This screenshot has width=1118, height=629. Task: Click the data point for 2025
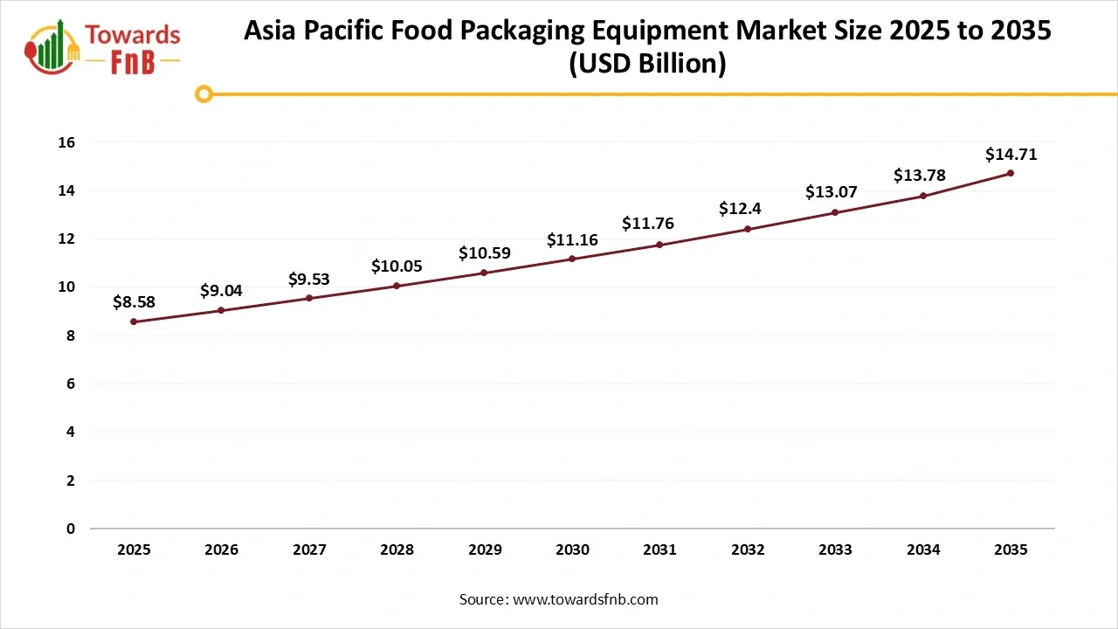(x=134, y=321)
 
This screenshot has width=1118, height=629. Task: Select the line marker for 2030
(x=572, y=259)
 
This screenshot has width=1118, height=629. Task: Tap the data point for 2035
(x=1011, y=173)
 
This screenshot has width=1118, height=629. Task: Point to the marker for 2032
(x=748, y=229)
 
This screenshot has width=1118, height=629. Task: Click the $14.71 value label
(x=1011, y=155)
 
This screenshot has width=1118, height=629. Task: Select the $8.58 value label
(x=134, y=302)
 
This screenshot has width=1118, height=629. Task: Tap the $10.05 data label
(x=397, y=266)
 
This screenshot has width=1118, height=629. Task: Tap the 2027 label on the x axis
(x=309, y=550)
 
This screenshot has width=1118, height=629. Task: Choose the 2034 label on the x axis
(x=923, y=550)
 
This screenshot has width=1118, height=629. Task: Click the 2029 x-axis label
(x=485, y=550)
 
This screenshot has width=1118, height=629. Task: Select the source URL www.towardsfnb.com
(x=585, y=599)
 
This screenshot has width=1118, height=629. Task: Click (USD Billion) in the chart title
(x=647, y=65)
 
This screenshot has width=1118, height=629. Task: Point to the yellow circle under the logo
(x=204, y=93)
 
